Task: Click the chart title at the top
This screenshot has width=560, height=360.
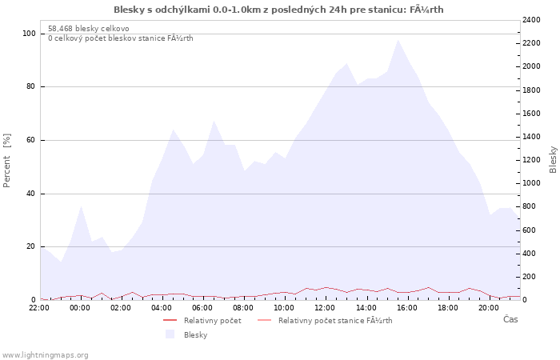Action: click(x=278, y=10)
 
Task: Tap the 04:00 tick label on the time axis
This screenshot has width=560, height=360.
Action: click(x=162, y=308)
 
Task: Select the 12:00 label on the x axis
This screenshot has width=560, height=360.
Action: click(x=325, y=308)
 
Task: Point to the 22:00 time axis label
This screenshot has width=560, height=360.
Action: click(x=39, y=308)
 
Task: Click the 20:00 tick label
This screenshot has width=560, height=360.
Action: click(x=489, y=308)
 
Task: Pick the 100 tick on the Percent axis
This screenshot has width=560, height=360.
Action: click(x=29, y=34)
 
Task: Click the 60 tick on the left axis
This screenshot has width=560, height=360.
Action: click(x=31, y=140)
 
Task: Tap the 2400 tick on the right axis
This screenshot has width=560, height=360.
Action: click(x=531, y=20)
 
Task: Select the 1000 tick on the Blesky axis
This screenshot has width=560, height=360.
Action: click(x=531, y=183)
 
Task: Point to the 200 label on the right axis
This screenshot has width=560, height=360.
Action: click(x=530, y=277)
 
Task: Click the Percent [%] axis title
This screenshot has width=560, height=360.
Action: click(x=6, y=160)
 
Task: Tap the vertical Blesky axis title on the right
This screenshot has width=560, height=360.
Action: click(x=553, y=160)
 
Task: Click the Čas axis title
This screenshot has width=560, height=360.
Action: click(x=510, y=319)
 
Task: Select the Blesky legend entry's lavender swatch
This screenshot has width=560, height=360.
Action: click(x=170, y=334)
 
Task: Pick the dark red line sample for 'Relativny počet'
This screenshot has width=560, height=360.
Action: click(x=170, y=320)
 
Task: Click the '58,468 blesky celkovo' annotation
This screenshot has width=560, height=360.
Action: click(x=89, y=29)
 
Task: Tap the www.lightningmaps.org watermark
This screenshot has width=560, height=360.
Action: click(x=44, y=355)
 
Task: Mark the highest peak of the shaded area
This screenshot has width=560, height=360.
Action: click(x=398, y=40)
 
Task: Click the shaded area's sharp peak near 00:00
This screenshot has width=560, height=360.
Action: click(x=82, y=206)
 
